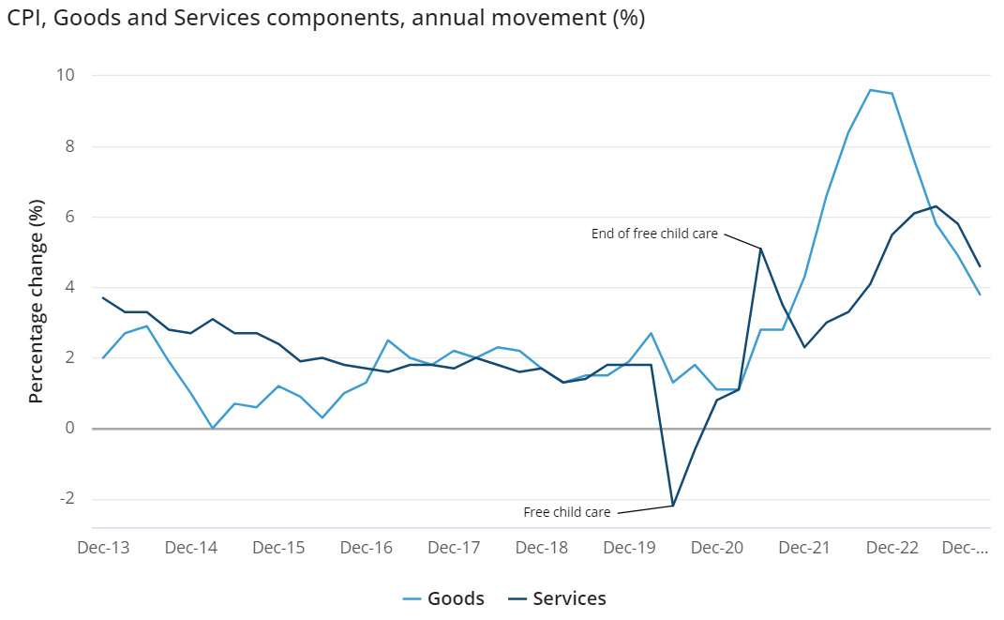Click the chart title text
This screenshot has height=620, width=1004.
326,19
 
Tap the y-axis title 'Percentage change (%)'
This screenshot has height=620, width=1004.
37,301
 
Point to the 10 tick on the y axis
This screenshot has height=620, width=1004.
67,76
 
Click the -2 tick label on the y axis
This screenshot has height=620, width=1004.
67,499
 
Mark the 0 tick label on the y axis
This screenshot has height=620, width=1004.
70,429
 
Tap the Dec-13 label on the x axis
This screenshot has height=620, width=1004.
102,548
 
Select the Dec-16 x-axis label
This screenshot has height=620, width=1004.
367,548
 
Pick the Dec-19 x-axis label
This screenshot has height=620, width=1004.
630,548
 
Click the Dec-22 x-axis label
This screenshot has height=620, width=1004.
893,548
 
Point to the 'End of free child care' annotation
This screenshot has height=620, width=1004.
654,234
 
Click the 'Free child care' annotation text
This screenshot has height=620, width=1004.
567,512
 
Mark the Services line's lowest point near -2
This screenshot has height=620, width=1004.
672,507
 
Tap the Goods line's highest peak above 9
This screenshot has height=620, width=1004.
870,90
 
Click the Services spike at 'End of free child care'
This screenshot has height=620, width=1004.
760,249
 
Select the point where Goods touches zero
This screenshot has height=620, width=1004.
212,429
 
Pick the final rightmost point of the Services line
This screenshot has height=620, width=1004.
980,266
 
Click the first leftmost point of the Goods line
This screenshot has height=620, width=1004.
102,358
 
